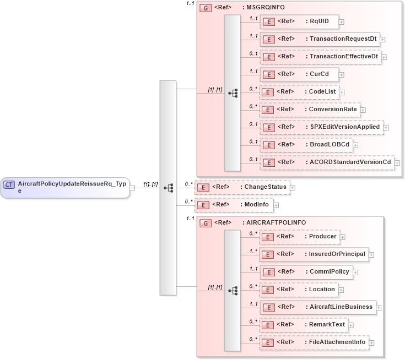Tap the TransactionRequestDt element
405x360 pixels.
pos(320,39)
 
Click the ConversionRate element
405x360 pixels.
pos(310,110)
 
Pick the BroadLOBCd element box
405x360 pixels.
pos(306,145)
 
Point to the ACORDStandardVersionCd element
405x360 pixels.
pos(327,162)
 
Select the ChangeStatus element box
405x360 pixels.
pos(242,187)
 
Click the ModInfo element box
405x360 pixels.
pos(234,205)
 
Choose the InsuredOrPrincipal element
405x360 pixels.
pos(314,254)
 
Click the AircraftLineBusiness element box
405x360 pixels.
pos(317,307)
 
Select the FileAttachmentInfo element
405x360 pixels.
pos(314,342)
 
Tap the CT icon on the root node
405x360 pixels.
pos(9,184)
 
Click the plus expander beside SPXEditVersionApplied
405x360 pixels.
pos(386,128)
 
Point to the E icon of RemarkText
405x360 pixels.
pos(267,325)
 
